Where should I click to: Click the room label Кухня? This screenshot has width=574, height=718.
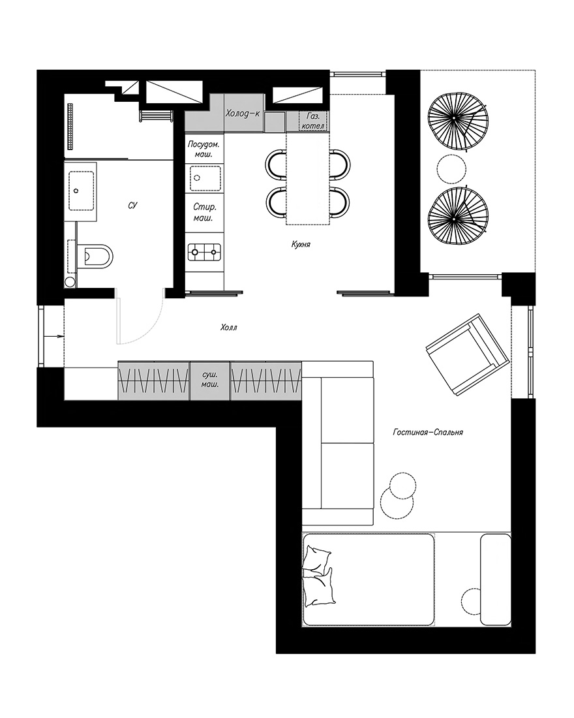click(301, 245)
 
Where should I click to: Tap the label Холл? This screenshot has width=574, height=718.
click(229, 328)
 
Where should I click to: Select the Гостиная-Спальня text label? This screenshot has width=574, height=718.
click(427, 432)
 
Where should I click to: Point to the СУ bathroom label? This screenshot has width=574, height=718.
click(133, 206)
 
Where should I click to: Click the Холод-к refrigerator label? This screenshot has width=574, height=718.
click(243, 113)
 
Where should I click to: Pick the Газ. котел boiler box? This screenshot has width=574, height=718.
click(313, 121)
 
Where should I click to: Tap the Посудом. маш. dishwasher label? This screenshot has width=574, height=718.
click(204, 149)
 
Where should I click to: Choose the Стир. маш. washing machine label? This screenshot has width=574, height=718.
click(204, 213)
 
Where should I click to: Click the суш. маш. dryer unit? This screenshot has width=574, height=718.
click(209, 381)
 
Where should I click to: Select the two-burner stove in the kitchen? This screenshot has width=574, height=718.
click(204, 252)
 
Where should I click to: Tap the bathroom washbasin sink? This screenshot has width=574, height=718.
click(81, 191)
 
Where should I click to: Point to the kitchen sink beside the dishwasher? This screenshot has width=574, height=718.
click(205, 178)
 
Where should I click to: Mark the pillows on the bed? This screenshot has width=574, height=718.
click(319, 575)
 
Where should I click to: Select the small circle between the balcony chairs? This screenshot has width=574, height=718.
click(452, 170)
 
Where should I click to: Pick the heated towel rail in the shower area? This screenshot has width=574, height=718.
click(70, 126)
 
